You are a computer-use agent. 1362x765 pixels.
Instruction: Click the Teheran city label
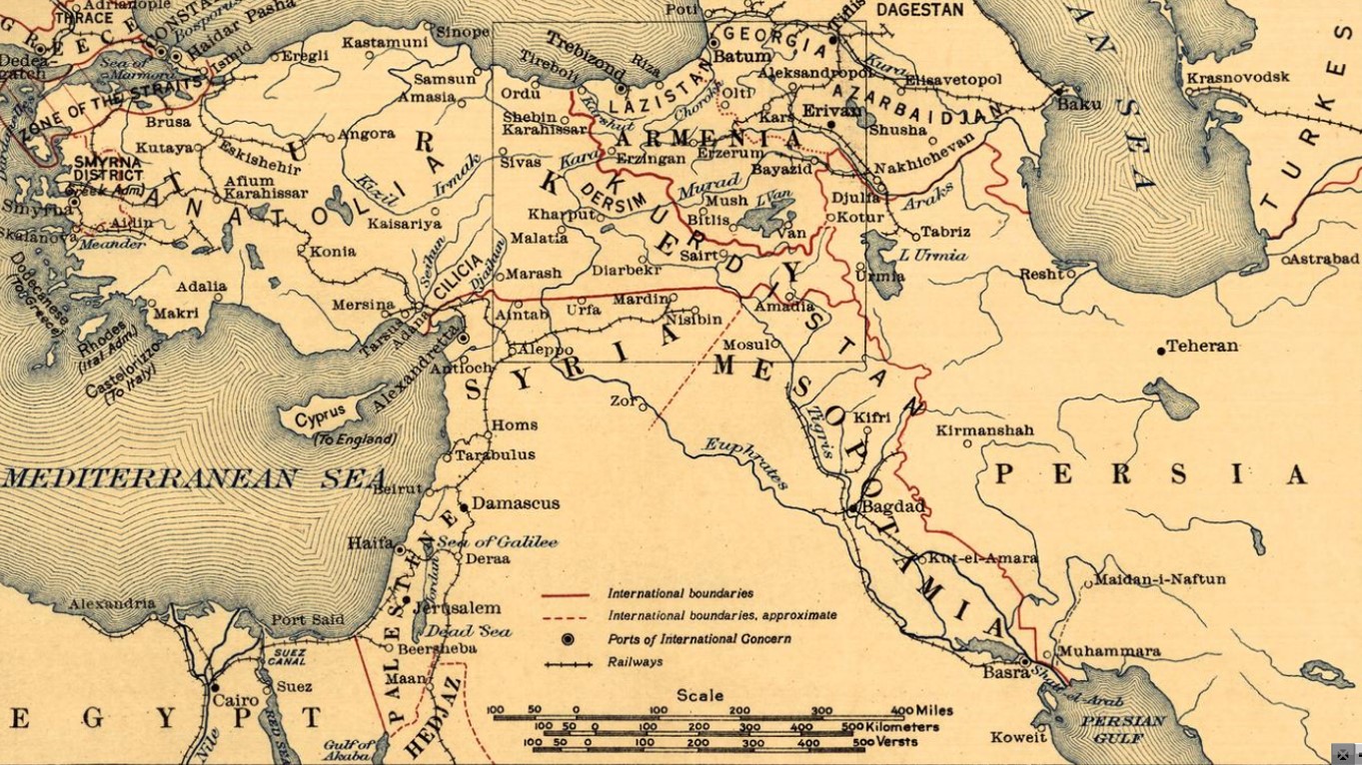(x=1202, y=347)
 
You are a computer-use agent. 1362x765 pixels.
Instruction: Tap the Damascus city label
(x=516, y=503)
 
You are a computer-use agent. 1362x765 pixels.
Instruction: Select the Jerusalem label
(x=457, y=608)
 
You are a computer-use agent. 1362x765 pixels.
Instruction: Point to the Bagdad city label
(x=893, y=506)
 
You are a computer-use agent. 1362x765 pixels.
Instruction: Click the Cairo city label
(x=236, y=700)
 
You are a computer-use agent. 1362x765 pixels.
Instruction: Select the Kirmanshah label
(x=984, y=430)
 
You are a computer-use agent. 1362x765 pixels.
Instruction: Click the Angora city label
(x=366, y=134)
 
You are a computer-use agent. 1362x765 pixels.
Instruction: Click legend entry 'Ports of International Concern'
(x=698, y=639)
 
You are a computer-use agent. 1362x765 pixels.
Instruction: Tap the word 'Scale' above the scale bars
(x=699, y=695)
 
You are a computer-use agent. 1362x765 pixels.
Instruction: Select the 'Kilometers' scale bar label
(x=902, y=727)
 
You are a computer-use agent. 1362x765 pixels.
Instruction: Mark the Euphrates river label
(x=745, y=463)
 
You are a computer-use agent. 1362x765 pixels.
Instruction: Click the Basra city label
(x=1005, y=672)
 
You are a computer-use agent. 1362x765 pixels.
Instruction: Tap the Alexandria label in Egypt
(x=112, y=603)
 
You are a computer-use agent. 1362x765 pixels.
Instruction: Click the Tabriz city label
(x=945, y=232)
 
